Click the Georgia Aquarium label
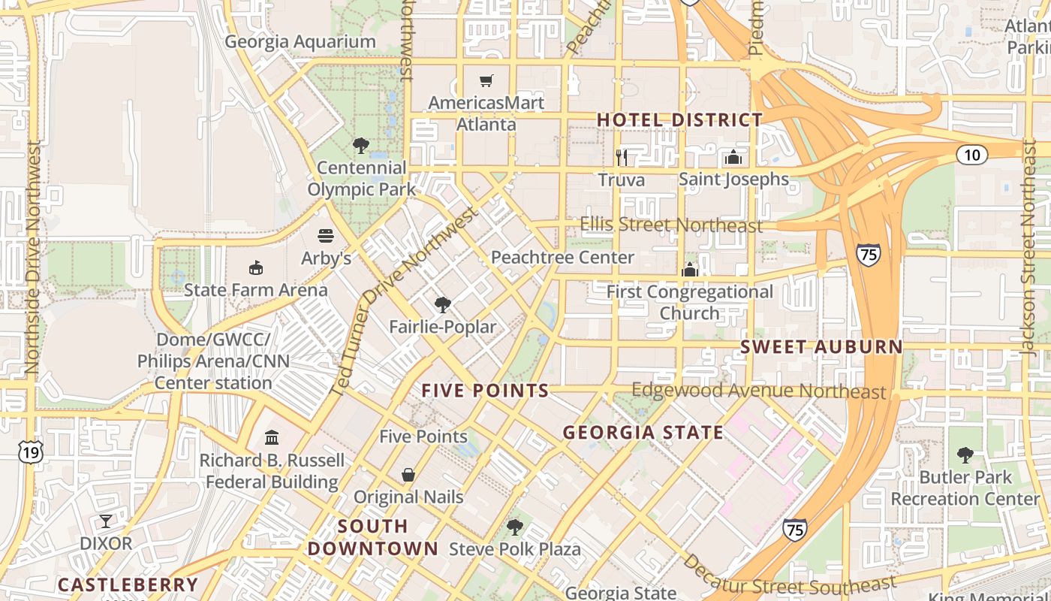coord(300,42)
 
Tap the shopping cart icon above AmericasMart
coord(486,80)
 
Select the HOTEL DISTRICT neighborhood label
coord(679,119)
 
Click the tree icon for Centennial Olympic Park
coord(361,145)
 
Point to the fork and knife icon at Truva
coord(622,157)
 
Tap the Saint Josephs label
coord(733,179)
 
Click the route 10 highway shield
coord(971,155)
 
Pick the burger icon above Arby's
coord(326,236)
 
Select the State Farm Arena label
coord(256,290)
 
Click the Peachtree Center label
coord(562,258)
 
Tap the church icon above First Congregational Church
coord(689,270)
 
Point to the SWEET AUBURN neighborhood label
coord(821,346)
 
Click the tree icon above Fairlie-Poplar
coord(443,304)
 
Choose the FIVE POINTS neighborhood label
coord(485,391)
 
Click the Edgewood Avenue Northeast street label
coord(758,391)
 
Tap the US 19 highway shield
coord(31,451)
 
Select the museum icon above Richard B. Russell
coord(272,437)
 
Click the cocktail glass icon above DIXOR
coord(106,521)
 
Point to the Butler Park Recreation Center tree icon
coord(965,455)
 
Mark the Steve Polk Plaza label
coord(515,549)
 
